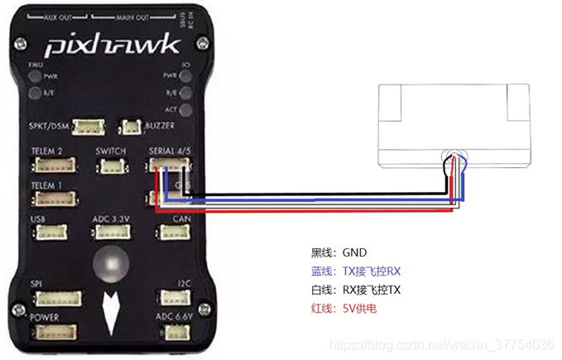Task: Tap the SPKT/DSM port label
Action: (48, 126)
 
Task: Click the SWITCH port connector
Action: (111, 166)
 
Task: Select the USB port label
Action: (37, 219)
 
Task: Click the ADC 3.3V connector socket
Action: (110, 234)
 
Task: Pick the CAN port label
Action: (182, 219)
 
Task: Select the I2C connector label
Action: (184, 285)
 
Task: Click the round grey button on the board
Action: (112, 265)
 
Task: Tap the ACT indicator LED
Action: (184, 108)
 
